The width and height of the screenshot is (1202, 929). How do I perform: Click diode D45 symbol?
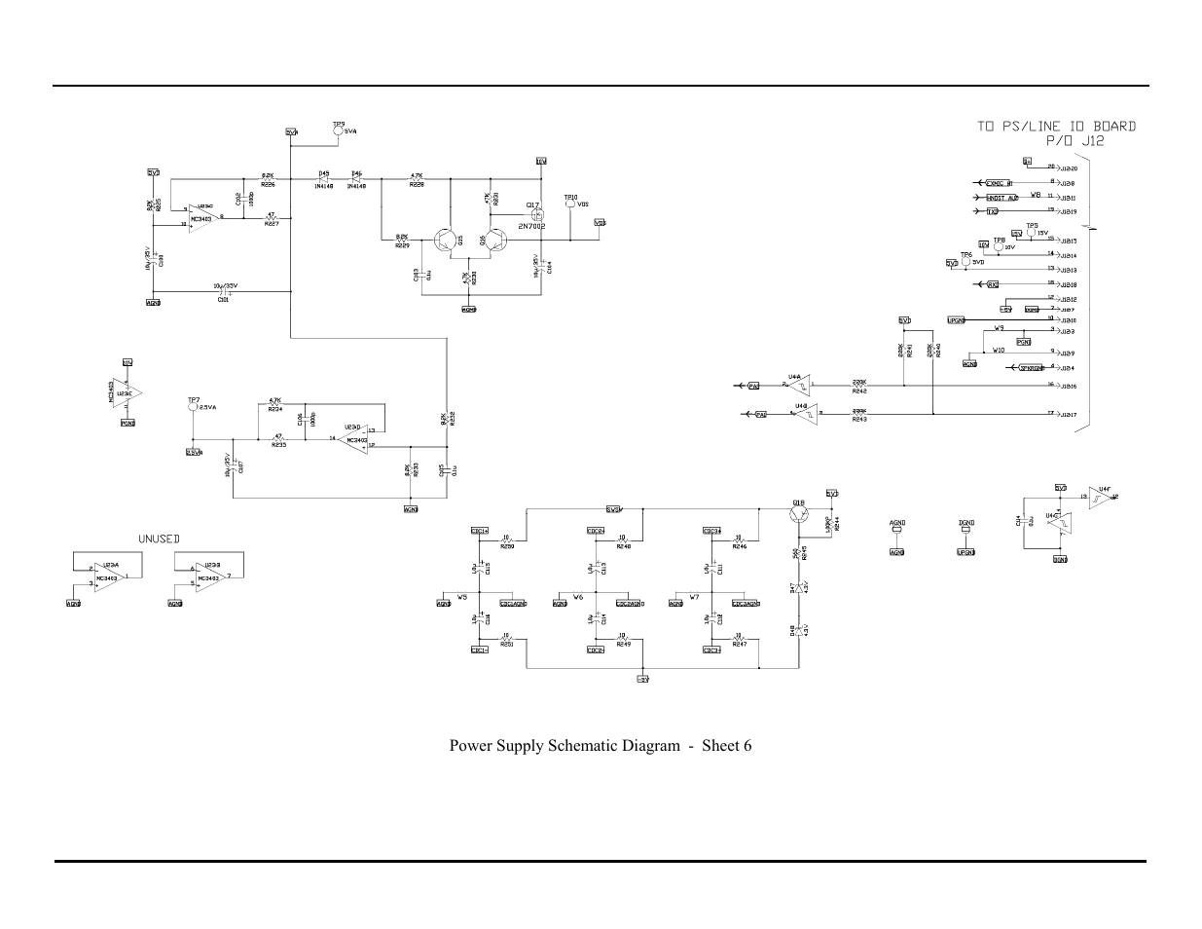pyautogui.click(x=324, y=179)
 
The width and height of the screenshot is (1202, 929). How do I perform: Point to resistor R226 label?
pyautogui.click(x=268, y=185)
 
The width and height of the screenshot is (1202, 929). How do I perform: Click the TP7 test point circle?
pyautogui.click(x=193, y=408)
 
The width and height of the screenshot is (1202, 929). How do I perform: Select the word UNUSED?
pyautogui.click(x=159, y=539)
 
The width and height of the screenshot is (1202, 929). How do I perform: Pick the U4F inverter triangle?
pyautogui.click(x=1102, y=498)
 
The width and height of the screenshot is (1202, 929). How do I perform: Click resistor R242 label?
pyautogui.click(x=859, y=390)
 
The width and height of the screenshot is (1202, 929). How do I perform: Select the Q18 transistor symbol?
pyautogui.click(x=799, y=517)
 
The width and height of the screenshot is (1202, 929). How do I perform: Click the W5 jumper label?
pyautogui.click(x=462, y=596)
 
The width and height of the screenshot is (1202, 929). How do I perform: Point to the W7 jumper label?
pyautogui.click(x=694, y=596)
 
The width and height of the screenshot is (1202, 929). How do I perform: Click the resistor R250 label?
pyautogui.click(x=506, y=546)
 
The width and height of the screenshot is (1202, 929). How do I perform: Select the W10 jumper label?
pyautogui.click(x=998, y=351)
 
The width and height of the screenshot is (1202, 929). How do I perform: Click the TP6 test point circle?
pyautogui.click(x=965, y=263)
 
